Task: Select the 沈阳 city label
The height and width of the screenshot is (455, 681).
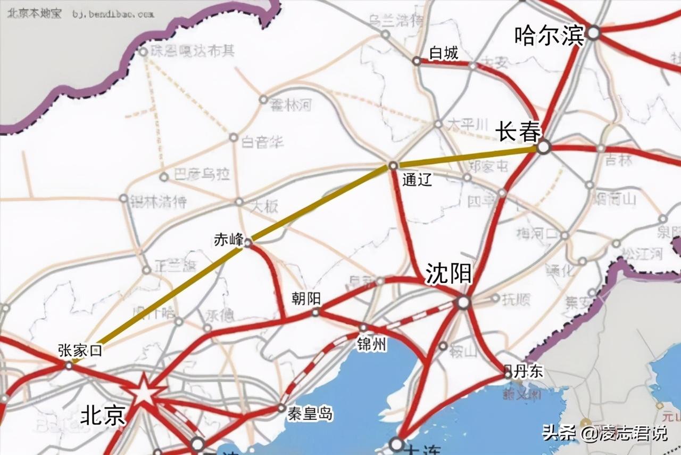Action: pyautogui.click(x=449, y=274)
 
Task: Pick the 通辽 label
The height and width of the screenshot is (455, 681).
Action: pyautogui.click(x=417, y=180)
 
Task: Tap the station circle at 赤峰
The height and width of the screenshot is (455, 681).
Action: pyautogui.click(x=247, y=243)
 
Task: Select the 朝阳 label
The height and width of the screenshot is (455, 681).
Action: pyautogui.click(x=306, y=298)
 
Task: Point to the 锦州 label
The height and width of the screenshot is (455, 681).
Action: pyautogui.click(x=371, y=344)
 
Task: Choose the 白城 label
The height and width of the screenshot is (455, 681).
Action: pyautogui.click(x=443, y=53)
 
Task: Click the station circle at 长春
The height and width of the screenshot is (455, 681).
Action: pyautogui.click(x=543, y=147)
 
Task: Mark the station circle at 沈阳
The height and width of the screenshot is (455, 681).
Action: pyautogui.click(x=463, y=303)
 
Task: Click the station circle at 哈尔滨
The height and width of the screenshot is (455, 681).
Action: pyautogui.click(x=593, y=34)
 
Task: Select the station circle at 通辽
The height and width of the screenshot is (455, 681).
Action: pyautogui.click(x=393, y=166)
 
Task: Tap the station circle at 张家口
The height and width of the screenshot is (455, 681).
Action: pyautogui.click(x=69, y=365)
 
